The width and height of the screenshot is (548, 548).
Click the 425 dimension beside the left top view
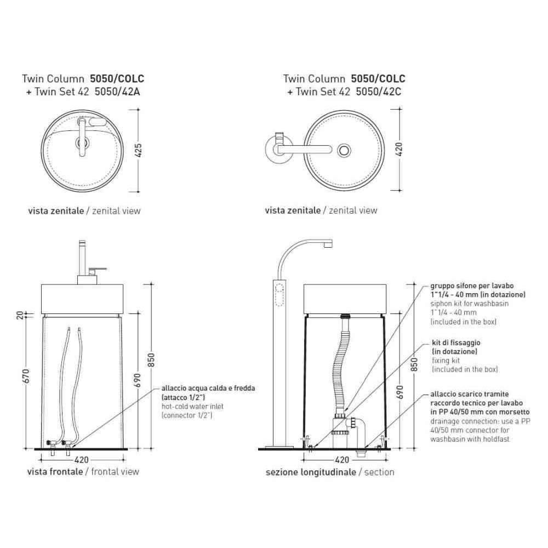tap(139, 150)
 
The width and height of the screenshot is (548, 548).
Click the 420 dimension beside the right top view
tap(399, 150)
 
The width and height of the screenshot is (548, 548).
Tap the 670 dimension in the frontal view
tap(26, 376)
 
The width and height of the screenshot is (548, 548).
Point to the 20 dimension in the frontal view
tap(20, 315)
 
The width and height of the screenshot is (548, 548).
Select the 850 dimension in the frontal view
tap(151, 360)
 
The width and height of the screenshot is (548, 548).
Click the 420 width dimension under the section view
tap(342, 460)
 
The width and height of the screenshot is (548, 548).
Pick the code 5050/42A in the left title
tap(117, 92)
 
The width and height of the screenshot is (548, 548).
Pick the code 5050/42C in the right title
tap(379, 92)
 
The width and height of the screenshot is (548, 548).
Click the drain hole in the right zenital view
tap(344, 150)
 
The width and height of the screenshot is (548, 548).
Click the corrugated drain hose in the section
tap(341, 363)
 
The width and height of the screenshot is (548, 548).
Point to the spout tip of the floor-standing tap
tap(328, 244)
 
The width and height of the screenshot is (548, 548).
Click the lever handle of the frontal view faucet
tap(98, 269)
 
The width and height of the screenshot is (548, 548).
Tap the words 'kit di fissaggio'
tap(456, 342)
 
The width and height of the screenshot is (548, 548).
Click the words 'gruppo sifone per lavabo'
tap(472, 286)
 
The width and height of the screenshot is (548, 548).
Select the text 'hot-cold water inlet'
tap(192, 407)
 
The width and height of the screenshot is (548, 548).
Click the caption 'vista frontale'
tap(55, 471)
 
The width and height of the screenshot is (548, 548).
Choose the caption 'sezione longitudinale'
tap(311, 472)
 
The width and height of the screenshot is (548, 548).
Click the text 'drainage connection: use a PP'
tap(480, 421)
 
